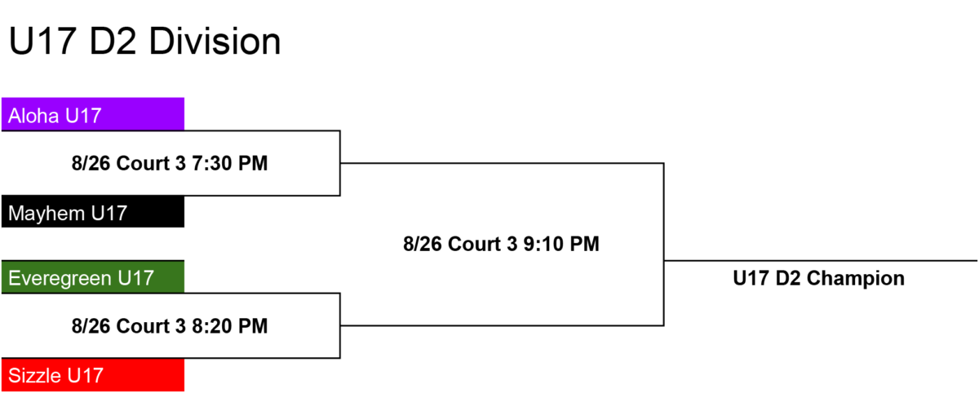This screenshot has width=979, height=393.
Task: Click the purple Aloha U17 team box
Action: [x=93, y=114]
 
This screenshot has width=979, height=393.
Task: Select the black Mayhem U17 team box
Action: [x=93, y=212]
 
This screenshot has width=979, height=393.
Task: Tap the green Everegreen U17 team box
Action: [x=93, y=277]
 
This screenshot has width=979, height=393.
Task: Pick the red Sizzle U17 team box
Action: [x=93, y=375]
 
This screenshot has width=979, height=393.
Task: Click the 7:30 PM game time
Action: [x=229, y=163]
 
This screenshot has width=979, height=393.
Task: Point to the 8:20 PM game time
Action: [x=229, y=326]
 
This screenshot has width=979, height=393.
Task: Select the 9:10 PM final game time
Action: [x=561, y=244]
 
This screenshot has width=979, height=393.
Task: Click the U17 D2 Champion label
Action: [x=818, y=279]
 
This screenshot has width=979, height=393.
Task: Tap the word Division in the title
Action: [x=215, y=42]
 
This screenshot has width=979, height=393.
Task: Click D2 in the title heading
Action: [x=113, y=42]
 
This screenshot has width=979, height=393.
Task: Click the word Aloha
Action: [x=33, y=116]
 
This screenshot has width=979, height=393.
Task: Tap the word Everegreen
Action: [x=60, y=279]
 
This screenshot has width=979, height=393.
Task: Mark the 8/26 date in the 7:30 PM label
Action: [x=91, y=163]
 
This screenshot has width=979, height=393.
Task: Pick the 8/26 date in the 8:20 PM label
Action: [x=91, y=326]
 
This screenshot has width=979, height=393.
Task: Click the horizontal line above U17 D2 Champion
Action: [x=821, y=261]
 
